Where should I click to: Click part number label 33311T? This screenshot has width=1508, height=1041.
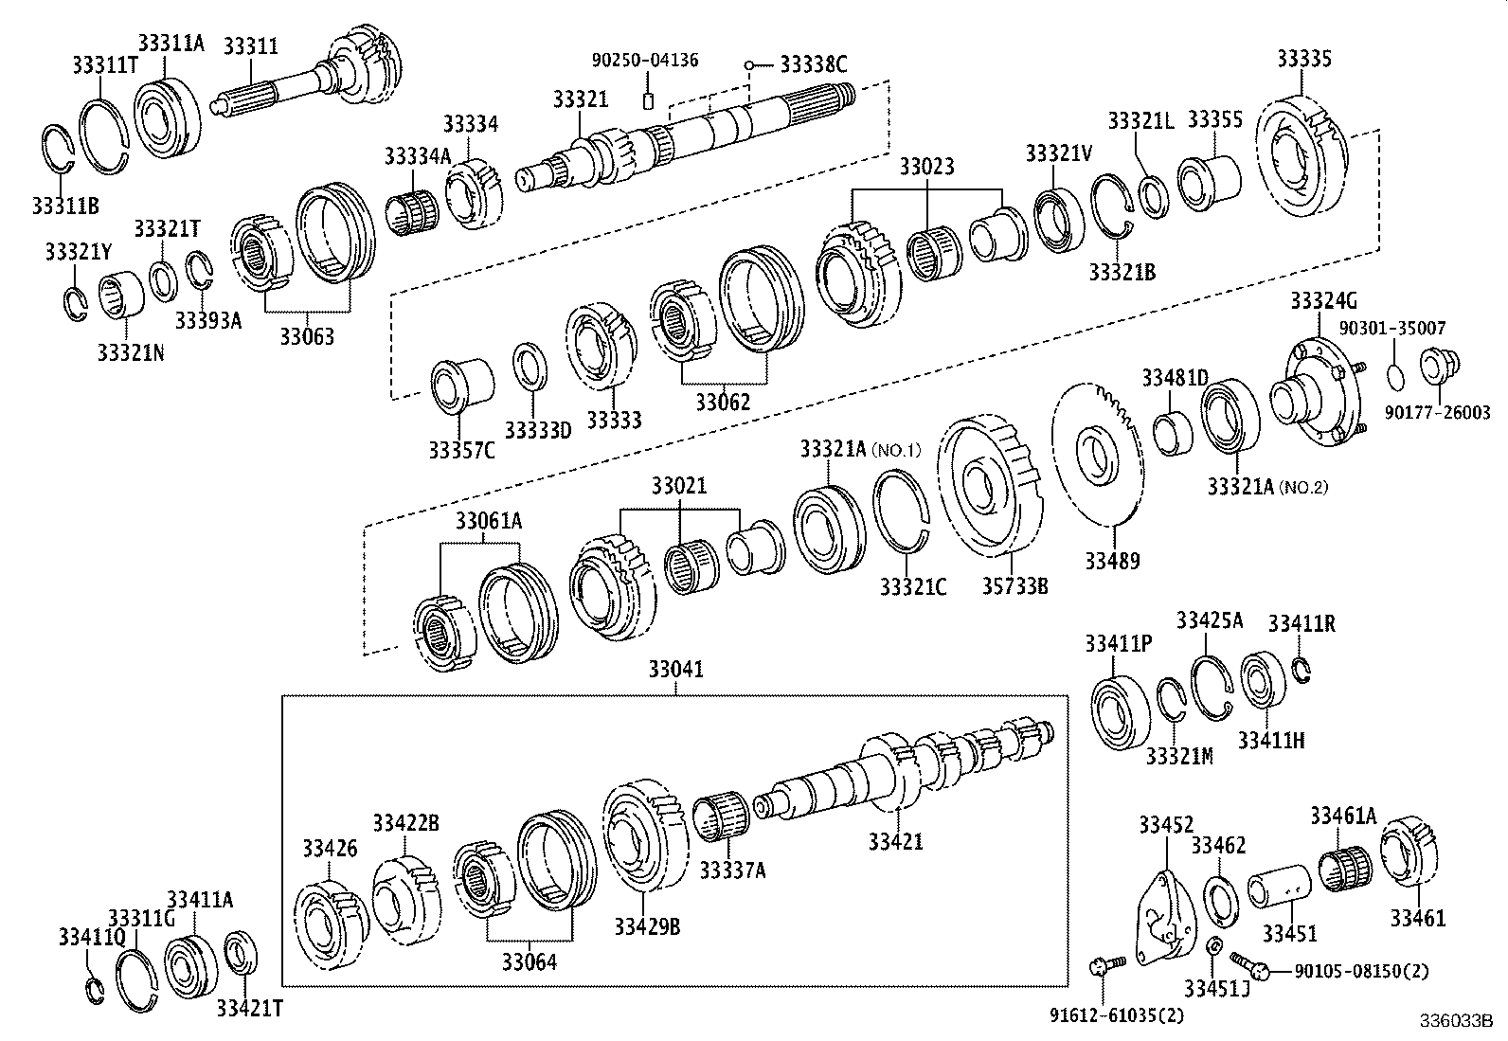101,64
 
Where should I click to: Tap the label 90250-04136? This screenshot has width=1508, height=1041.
645,60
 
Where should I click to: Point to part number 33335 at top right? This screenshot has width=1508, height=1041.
1303,59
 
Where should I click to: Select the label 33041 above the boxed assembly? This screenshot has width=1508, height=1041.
676,670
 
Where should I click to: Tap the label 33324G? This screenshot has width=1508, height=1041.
1322,302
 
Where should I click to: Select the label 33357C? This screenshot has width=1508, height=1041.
461,450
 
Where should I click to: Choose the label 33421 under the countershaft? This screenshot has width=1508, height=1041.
895,841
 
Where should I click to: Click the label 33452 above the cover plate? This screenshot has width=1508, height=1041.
1165,826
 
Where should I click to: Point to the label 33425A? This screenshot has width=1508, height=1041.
1209,620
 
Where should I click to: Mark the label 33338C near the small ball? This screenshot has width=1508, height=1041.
813,64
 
